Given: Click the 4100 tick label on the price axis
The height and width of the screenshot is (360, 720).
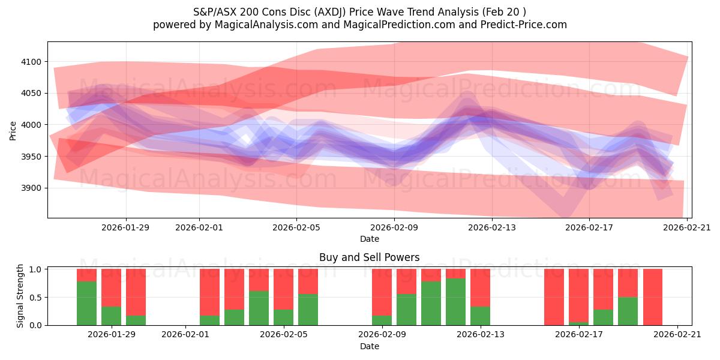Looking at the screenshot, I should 32,62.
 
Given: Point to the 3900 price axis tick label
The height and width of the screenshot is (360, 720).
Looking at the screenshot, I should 32,188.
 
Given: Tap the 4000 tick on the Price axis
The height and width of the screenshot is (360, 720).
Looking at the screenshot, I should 32,125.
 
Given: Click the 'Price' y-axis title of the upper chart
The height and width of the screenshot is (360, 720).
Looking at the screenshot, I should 13,130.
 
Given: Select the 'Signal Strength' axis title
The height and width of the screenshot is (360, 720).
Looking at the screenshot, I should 20,296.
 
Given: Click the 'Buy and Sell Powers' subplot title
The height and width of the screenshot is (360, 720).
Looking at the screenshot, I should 369,257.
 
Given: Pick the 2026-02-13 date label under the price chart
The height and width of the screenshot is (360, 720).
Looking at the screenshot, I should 492,227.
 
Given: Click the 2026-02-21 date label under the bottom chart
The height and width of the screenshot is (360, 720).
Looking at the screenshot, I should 677,334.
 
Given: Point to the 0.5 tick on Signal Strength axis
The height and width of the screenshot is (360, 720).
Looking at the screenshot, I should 35,297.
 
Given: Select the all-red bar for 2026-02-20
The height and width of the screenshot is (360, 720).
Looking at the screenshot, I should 653,297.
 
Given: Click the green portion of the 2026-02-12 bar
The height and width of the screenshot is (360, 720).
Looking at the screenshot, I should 455,301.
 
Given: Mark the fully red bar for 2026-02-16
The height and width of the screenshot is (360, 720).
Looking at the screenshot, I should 554,297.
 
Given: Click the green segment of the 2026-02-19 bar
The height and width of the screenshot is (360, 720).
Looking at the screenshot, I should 628,311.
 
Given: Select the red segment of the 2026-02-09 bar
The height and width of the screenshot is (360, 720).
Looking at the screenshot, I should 382,292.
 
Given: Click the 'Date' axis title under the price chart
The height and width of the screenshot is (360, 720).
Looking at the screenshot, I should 369,239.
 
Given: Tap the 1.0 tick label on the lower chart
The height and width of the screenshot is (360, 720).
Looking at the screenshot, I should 35,269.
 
